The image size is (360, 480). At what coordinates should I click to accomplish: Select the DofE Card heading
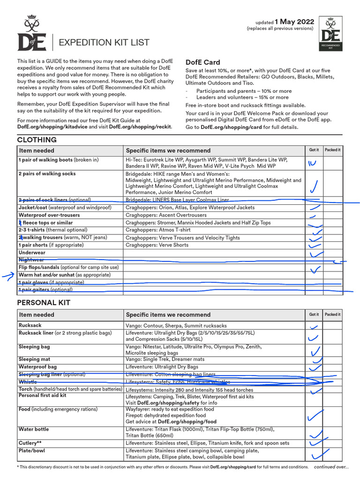pos(202,62)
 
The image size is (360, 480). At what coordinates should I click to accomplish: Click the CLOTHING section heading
pos(37,140)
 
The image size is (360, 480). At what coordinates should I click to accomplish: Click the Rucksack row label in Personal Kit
pos(30,325)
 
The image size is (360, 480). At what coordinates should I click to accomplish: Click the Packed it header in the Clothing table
pos(332,150)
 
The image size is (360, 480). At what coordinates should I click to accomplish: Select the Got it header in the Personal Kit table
pos(314,315)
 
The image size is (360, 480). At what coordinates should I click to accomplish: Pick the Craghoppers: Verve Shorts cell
pos(157,245)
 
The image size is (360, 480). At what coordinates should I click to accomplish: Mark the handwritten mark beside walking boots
pos(313,163)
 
